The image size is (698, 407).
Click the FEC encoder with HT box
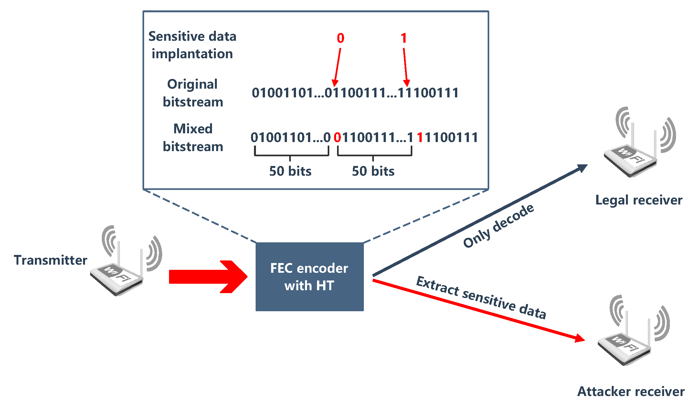pos(309,277)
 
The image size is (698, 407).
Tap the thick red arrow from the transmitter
pos(207,277)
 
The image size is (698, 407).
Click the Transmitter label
pos(50,260)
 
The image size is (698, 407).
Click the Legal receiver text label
pos(639,200)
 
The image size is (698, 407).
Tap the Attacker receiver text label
pos(631,391)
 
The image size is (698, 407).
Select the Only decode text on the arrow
pos(498,226)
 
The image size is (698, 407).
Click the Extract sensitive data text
pos(481,297)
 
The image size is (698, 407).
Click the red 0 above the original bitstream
pos(340,38)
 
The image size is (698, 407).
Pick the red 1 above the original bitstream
pos(404,38)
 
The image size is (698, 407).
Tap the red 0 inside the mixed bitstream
pos(337,137)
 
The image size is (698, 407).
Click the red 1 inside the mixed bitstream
pos(420,137)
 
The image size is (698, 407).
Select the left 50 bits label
pos(290,171)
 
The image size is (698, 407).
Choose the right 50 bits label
pos(373,171)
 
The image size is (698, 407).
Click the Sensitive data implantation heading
pos(192,45)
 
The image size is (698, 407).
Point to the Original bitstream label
pos(193,93)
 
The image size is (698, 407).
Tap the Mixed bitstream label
pos(193,137)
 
